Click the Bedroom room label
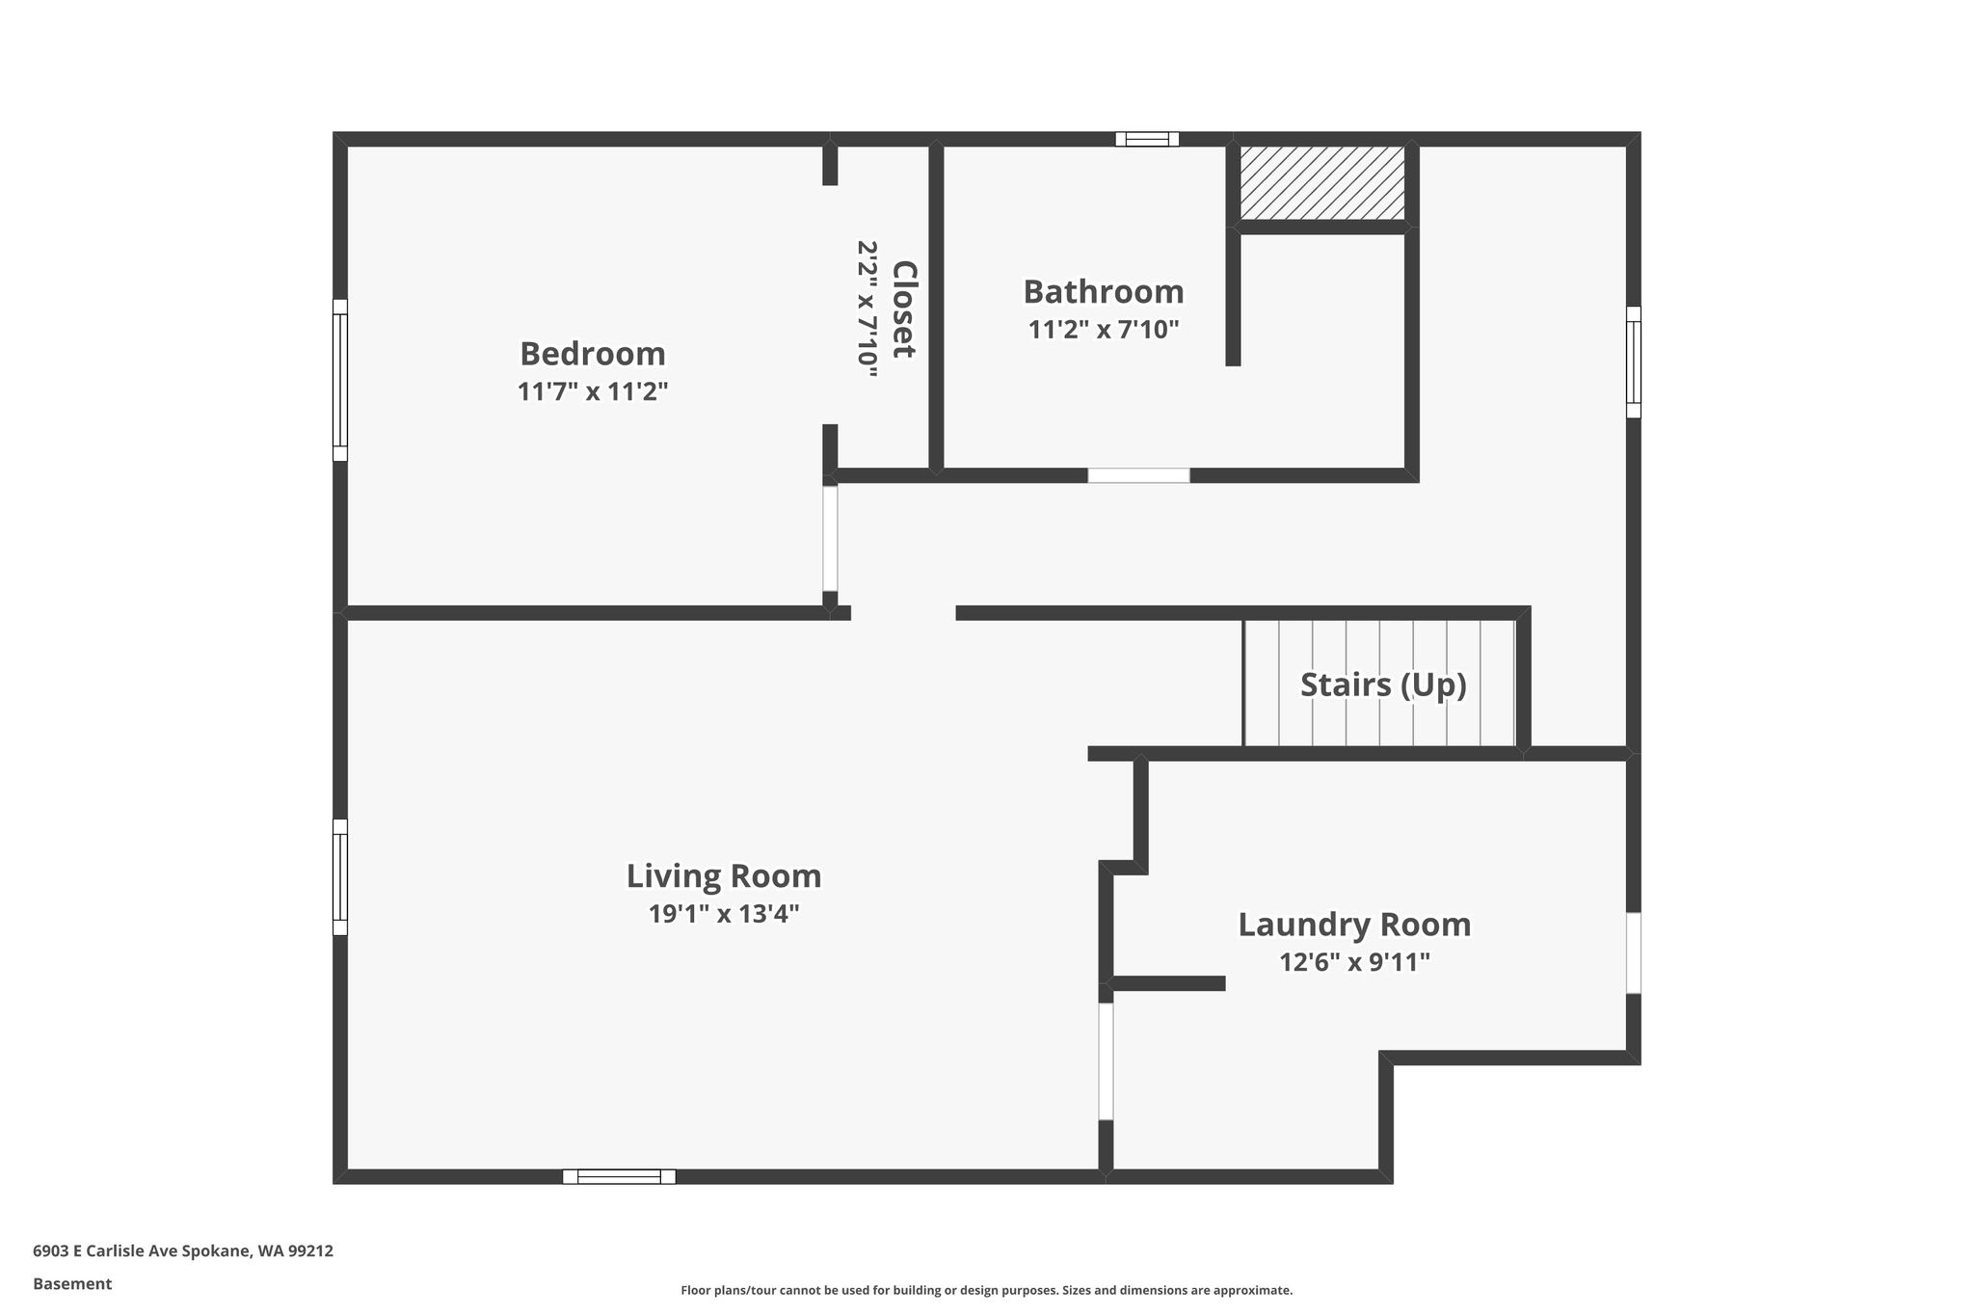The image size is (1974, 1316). pos(593,355)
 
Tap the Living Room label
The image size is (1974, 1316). pos(724,876)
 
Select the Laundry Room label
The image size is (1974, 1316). pos(1354,926)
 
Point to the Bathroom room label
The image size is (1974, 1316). pos(1104,292)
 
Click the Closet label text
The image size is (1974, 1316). pos(903,309)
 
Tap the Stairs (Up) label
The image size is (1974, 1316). pos(1383,685)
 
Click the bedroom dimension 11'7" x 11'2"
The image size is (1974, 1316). pos(593,392)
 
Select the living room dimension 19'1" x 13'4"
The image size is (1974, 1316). pos(724,914)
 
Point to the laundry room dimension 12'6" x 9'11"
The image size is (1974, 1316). pos(1354,962)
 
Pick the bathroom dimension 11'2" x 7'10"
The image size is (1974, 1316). pos(1104,330)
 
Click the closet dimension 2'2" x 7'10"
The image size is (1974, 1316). pos(867,309)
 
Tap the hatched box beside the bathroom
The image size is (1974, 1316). pos(1321,183)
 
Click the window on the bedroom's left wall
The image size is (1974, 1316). pos(340,380)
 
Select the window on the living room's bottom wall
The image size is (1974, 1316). pos(619,1176)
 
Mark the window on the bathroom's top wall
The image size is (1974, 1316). pos(1147,139)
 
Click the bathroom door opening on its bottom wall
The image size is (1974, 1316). pos(1138,475)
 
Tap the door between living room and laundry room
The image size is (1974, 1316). pos(1106,1061)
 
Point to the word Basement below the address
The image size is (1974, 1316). pos(72,1284)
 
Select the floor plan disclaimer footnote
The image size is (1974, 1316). pos(987,1290)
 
